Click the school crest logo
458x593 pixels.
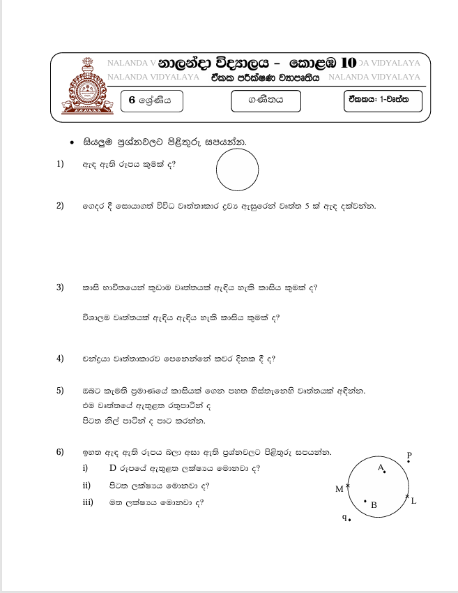click(x=86, y=89)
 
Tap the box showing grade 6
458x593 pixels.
click(x=150, y=101)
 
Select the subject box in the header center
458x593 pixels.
click(x=266, y=101)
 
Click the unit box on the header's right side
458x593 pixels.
click(x=382, y=101)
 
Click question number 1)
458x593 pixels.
click(x=60, y=164)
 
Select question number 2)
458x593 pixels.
click(x=60, y=206)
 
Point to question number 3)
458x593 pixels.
click(x=60, y=287)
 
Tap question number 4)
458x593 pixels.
click(x=60, y=359)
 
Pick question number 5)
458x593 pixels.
click(x=60, y=391)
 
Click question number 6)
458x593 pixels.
click(x=60, y=453)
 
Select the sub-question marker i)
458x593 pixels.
click(x=85, y=468)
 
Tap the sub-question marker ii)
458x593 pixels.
click(x=86, y=485)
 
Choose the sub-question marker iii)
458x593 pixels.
click(x=88, y=502)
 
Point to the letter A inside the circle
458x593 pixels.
click(x=381, y=468)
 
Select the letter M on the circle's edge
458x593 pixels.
click(x=339, y=489)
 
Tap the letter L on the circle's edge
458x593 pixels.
click(x=414, y=501)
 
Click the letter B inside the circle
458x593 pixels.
click(x=374, y=504)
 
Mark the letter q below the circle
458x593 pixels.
click(x=344, y=517)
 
